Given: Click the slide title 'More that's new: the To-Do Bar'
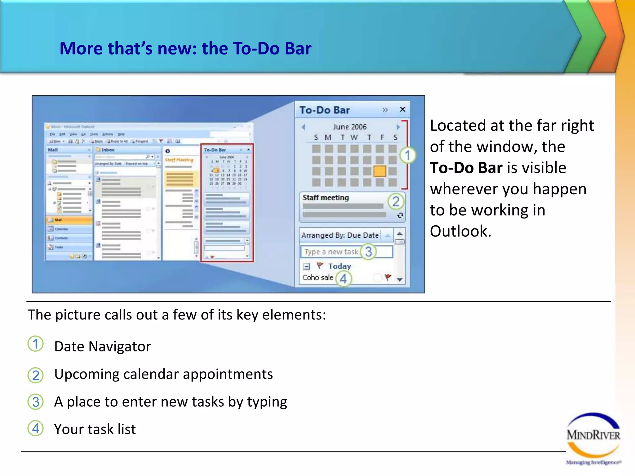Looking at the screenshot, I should (x=185, y=49).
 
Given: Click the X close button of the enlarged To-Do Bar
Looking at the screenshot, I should (x=402, y=109).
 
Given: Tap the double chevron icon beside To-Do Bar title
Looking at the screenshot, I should (x=385, y=110).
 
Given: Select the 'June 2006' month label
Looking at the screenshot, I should (x=349, y=127).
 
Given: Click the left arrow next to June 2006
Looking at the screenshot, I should (x=303, y=127).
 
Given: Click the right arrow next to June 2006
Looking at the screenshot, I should (x=398, y=127).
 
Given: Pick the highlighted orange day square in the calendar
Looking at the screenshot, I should (x=380, y=171).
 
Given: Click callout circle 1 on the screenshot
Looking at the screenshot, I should (x=407, y=155).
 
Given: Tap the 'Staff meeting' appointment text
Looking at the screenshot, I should (x=326, y=198).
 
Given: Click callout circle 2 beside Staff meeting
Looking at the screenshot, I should (x=396, y=201).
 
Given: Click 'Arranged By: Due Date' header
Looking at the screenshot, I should (x=340, y=235).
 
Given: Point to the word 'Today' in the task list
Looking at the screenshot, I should (x=340, y=266).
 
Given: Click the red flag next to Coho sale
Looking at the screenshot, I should (x=388, y=277).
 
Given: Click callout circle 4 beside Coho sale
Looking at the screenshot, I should (x=343, y=279).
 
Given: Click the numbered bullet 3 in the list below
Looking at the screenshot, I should (x=36, y=402).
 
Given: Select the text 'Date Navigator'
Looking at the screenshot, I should (x=102, y=346).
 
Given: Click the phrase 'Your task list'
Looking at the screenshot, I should (x=95, y=429).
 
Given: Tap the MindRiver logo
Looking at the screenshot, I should (x=593, y=437).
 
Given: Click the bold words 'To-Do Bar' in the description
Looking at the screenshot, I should (x=466, y=168).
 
